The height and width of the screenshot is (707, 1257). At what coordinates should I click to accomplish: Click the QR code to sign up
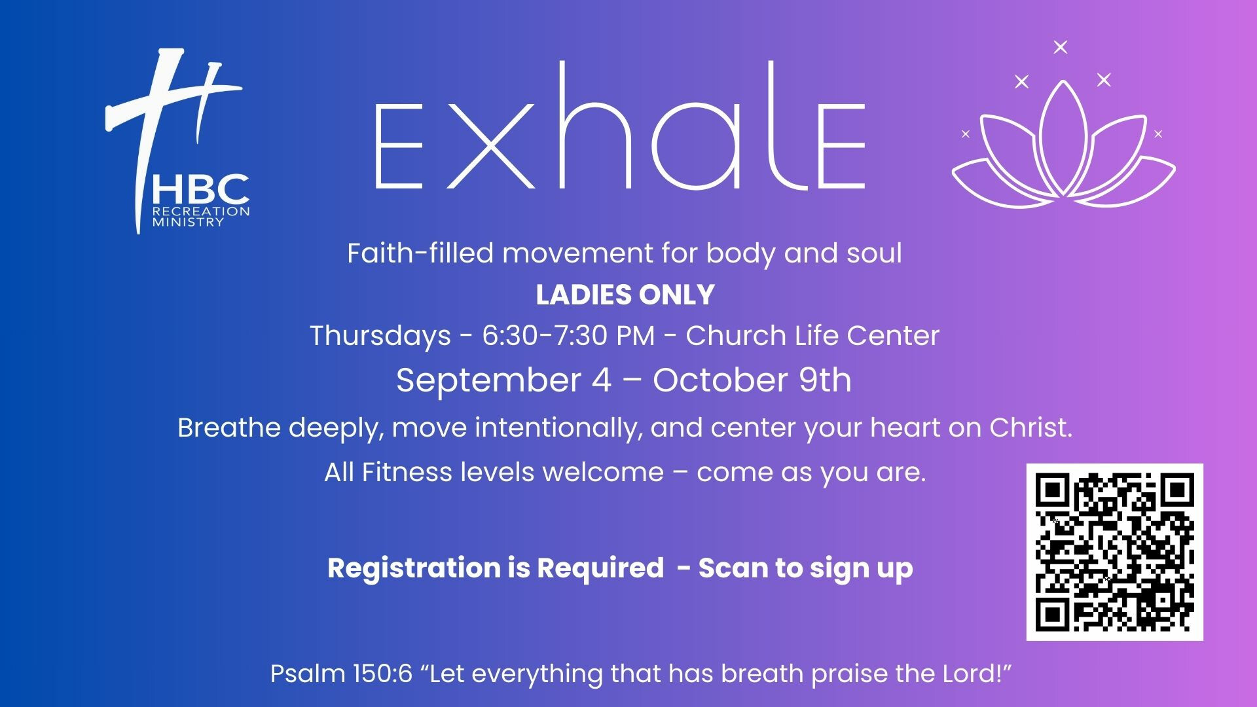pos(1114,552)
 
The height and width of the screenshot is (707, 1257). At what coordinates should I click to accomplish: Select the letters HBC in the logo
pos(201,189)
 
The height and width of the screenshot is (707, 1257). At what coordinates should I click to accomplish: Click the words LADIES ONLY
pos(625,295)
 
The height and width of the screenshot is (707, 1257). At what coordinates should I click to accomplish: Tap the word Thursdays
pos(380,336)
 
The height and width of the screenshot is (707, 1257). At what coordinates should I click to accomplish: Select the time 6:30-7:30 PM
pos(568,336)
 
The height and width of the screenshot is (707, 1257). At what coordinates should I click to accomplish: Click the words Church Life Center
pos(812,336)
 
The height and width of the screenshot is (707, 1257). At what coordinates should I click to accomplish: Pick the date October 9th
pos(752,380)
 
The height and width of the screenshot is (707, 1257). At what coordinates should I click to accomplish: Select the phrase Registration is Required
pos(496,568)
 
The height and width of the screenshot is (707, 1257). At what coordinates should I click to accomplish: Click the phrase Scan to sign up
pos(805,568)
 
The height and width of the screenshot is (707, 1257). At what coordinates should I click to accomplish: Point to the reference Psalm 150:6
pos(341,674)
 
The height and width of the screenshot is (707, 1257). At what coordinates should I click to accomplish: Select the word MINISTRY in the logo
pos(188,222)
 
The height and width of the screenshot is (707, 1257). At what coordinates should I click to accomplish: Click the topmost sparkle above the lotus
pos(1061,47)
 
